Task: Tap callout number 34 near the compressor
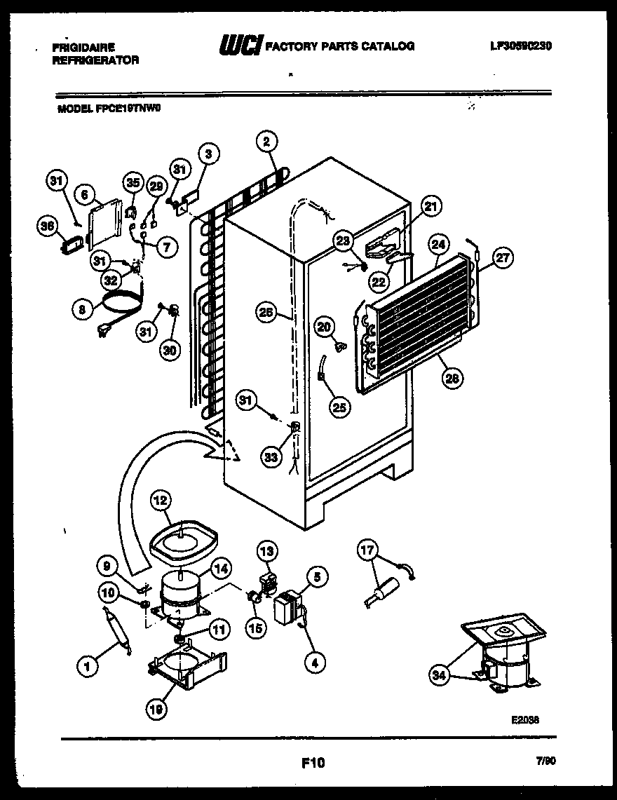click(439, 676)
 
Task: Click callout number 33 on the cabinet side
click(272, 456)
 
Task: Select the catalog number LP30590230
click(521, 46)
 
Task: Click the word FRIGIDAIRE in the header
click(83, 48)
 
